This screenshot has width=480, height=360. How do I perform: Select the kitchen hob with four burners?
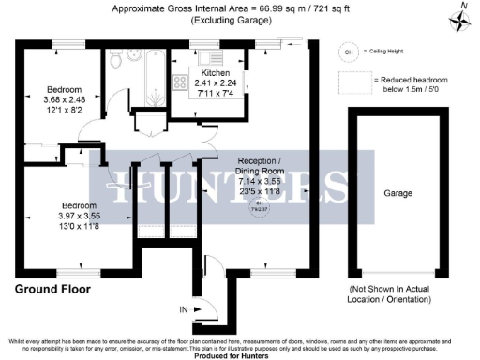177,81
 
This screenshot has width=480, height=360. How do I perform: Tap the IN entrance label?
184,307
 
